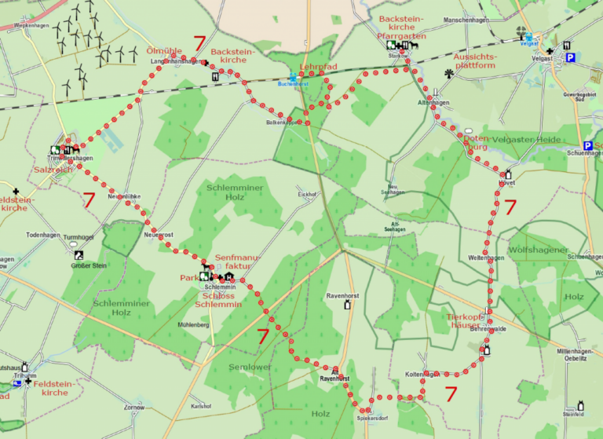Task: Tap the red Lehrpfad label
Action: coord(318,68)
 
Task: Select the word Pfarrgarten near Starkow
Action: coord(403,36)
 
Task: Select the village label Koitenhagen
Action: coord(420,374)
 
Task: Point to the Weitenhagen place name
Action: coord(485,258)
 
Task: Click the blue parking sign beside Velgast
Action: coord(571,57)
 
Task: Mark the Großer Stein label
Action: coord(78,265)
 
